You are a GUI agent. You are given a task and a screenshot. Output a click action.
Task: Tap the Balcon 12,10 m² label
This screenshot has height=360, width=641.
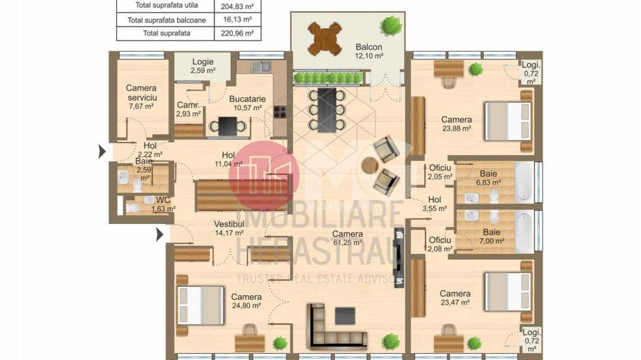click(369, 51)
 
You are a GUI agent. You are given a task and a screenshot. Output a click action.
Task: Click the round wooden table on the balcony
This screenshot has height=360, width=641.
click(325, 38)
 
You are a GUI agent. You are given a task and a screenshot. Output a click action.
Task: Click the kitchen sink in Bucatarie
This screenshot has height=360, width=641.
click(260, 67)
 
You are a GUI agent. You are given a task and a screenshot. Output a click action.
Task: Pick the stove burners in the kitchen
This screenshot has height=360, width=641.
click(279, 111)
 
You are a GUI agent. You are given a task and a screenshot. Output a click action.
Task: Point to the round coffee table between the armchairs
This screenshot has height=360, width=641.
click(370, 165)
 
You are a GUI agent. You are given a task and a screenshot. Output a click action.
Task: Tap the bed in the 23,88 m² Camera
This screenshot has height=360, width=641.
click(508, 120)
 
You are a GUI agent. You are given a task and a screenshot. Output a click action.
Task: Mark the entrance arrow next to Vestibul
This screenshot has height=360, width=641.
click(160, 235)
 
